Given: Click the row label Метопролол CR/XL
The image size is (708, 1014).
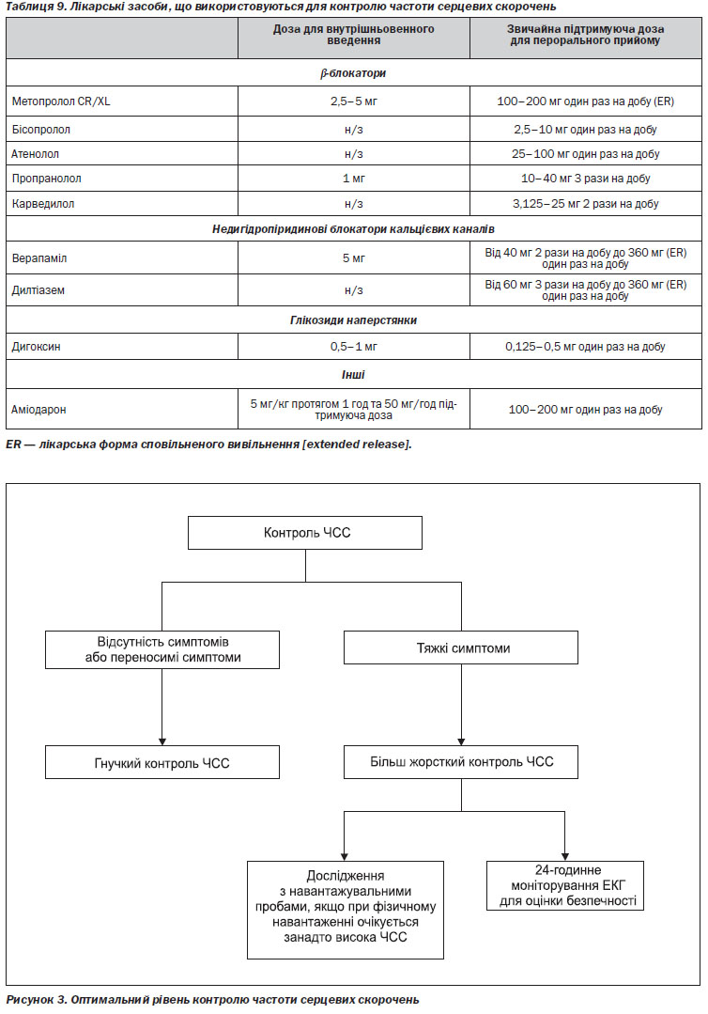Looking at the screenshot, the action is pyautogui.click(x=61, y=101).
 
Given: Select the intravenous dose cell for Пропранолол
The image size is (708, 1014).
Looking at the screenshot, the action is pyautogui.click(x=353, y=179).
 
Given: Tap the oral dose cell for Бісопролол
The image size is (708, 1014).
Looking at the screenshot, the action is pyautogui.click(x=585, y=130).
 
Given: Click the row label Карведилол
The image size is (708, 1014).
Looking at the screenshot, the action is pyautogui.click(x=42, y=204).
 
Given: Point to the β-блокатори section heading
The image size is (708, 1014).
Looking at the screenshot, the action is pyautogui.click(x=353, y=73).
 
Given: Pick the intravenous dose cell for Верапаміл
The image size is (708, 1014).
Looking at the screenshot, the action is pyautogui.click(x=353, y=258).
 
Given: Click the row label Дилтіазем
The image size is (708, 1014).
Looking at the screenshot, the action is pyautogui.click(x=38, y=290).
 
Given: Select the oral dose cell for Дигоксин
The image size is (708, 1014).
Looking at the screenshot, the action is pyautogui.click(x=585, y=347).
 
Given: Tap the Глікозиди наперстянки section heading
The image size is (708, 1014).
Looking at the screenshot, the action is pyautogui.click(x=353, y=320).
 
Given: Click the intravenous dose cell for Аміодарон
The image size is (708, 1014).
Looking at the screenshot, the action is pyautogui.click(x=353, y=410).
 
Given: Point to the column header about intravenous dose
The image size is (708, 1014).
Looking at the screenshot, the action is pyautogui.click(x=353, y=35).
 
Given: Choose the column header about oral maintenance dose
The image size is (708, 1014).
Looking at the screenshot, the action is pyautogui.click(x=585, y=35).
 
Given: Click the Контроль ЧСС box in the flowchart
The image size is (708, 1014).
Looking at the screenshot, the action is pyautogui.click(x=305, y=533).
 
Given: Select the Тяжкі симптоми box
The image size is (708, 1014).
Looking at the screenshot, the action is pyautogui.click(x=461, y=648).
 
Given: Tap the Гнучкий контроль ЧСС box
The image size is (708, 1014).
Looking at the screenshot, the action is pyautogui.click(x=162, y=762).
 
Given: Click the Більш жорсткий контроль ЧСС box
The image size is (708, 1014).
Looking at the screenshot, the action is pyautogui.click(x=461, y=762).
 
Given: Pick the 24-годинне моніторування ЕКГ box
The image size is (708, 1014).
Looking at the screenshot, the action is pyautogui.click(x=565, y=885).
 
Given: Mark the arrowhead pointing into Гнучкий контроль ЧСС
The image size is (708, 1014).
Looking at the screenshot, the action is pyautogui.click(x=162, y=741).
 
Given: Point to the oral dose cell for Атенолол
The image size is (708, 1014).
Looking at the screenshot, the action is pyautogui.click(x=585, y=154).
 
